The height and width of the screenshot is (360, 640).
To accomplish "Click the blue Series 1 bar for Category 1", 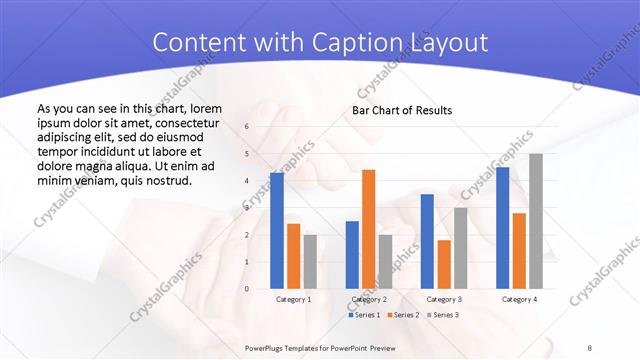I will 277,231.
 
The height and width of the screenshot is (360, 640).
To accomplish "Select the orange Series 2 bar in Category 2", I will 368,229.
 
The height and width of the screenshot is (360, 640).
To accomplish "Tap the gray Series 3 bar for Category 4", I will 536,221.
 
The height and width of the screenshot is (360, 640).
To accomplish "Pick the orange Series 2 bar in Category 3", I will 444,264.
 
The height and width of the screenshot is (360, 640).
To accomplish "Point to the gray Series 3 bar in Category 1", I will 310,262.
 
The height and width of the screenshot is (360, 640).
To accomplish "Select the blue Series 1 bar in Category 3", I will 427,241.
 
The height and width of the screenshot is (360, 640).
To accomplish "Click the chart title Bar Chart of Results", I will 401,110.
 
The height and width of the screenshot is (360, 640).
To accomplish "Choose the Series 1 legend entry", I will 363,315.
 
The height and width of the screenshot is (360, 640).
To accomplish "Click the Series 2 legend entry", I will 402,315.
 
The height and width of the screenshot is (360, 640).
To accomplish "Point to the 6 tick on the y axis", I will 247,127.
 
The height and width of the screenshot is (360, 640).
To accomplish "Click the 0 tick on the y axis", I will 247,289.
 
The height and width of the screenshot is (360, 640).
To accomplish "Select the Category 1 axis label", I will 293,299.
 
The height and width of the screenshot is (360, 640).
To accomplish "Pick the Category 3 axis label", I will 443,299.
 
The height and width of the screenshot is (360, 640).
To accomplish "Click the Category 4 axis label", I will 518,299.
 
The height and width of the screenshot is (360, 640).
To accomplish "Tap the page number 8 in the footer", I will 589,347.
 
